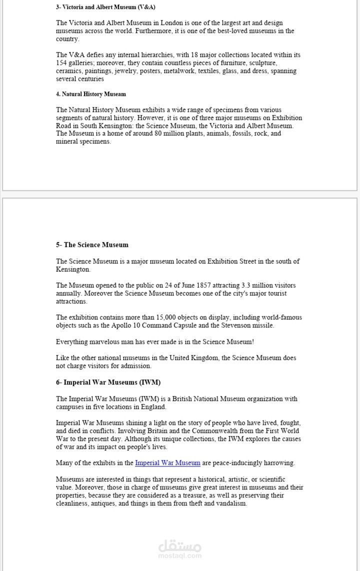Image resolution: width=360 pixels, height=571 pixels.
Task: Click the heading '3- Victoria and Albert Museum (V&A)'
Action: coord(105,7)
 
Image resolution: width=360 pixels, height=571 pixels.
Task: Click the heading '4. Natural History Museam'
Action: coord(91,94)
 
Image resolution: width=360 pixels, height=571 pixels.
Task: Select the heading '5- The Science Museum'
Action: coord(92,245)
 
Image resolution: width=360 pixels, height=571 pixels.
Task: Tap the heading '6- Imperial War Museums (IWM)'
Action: coord(108,382)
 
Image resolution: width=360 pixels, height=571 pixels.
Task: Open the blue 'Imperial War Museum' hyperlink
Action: coord(167,463)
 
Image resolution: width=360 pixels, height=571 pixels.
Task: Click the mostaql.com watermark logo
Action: coord(180,549)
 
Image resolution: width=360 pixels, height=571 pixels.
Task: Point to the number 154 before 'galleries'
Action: coord(61,63)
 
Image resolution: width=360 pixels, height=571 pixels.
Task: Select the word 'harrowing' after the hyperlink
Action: coord(280,463)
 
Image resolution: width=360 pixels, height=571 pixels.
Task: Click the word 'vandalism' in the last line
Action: coord(230,503)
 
